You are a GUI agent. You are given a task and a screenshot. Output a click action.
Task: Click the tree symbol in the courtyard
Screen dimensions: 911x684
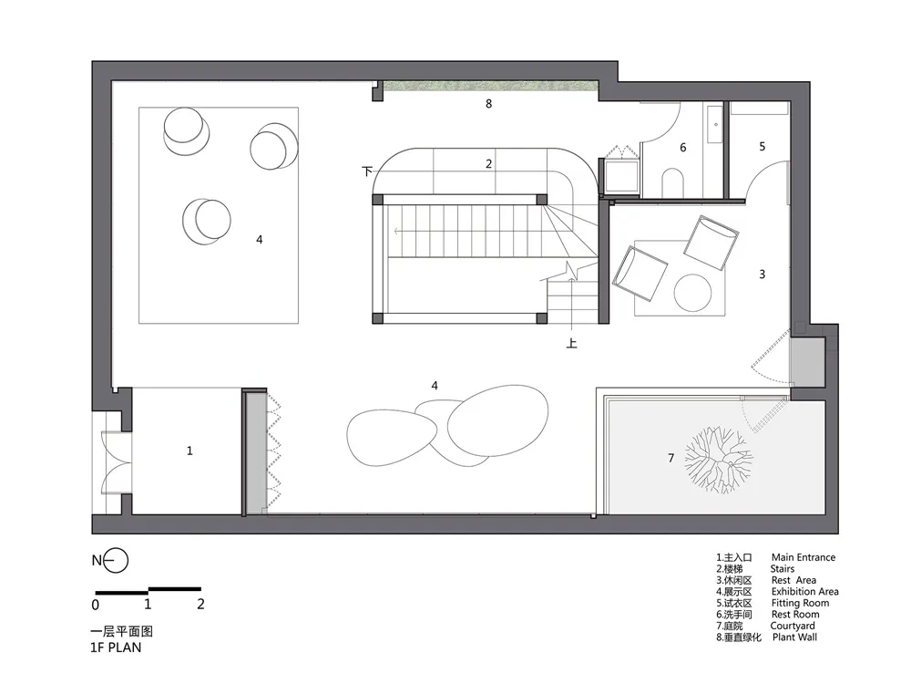[719, 460]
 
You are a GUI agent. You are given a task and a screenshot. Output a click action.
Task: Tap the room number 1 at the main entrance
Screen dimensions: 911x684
[189, 451]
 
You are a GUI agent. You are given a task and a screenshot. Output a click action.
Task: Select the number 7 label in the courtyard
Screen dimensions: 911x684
[671, 459]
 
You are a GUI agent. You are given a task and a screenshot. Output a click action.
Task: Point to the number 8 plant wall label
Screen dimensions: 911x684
[488, 104]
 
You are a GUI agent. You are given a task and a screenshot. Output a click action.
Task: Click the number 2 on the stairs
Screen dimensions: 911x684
[488, 164]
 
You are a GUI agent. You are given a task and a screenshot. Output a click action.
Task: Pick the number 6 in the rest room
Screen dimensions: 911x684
[683, 148]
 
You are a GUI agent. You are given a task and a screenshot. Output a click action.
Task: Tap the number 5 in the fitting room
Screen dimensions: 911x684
[763, 147]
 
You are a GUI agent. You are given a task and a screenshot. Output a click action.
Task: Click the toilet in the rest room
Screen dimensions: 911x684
[672, 182]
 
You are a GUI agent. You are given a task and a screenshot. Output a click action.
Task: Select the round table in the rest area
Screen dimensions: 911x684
[692, 293]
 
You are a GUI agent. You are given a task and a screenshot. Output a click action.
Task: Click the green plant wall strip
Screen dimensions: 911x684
[491, 86]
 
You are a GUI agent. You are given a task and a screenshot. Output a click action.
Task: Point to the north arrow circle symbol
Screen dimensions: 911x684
[117, 561]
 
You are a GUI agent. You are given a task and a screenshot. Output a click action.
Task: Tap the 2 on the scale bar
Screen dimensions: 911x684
[200, 605]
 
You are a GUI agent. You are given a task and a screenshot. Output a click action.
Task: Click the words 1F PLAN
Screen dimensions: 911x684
[116, 648]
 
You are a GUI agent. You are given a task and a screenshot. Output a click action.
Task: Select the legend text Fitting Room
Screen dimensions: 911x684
[800, 603]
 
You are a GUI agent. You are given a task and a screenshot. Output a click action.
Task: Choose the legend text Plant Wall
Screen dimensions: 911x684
[794, 637]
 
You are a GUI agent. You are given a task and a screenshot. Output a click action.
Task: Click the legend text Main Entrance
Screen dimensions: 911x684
[804, 557]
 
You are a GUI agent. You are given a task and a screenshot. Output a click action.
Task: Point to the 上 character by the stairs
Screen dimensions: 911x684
[572, 343]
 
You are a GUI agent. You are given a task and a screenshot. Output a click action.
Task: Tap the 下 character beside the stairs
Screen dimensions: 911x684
[366, 171]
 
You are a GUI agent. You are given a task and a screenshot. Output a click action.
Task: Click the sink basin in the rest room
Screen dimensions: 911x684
[715, 124]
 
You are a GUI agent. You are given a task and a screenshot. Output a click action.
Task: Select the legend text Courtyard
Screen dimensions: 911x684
[793, 626]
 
